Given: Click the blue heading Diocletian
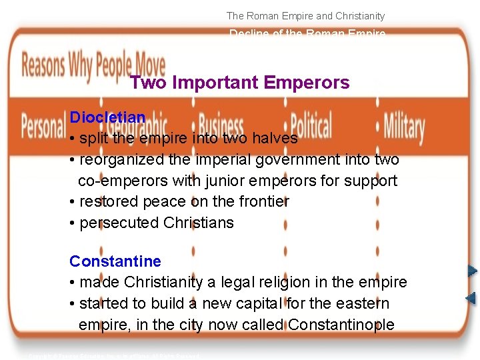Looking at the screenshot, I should [107, 117].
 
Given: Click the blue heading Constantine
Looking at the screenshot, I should [115, 261].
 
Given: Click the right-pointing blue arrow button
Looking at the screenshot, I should [471, 271].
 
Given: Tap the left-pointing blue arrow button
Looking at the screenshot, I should [471, 298].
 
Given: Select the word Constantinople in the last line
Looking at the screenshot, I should [341, 325].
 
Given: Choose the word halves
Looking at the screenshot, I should [273, 139].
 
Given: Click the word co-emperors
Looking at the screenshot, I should [119, 181].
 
